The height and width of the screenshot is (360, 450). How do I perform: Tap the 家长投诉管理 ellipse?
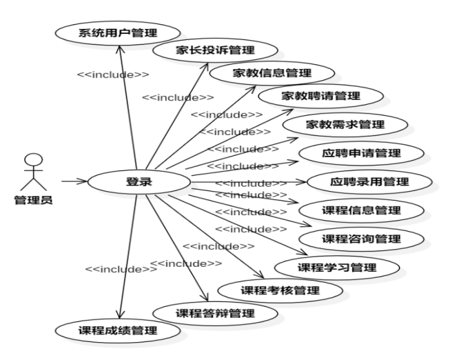(215, 50)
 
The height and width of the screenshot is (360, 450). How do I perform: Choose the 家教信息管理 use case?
(272, 72)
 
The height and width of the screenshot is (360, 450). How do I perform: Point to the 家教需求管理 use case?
(345, 125)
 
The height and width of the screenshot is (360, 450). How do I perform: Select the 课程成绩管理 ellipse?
(117, 330)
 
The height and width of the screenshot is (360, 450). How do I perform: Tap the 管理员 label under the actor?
(32, 201)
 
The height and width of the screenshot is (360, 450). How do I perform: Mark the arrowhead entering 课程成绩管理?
(120, 314)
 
